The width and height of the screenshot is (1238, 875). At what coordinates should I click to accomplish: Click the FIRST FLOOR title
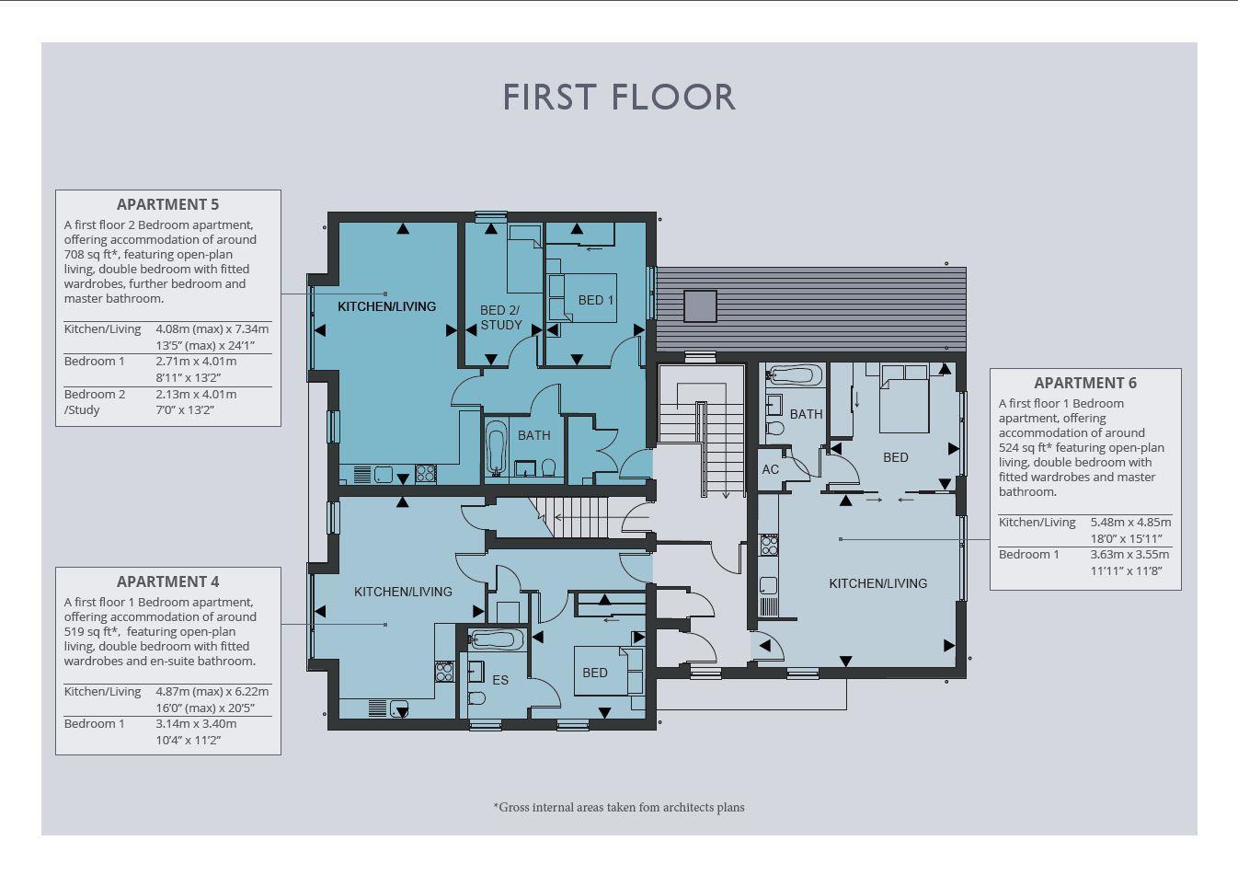click(x=618, y=98)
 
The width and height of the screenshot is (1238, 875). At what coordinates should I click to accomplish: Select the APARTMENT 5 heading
click(x=168, y=204)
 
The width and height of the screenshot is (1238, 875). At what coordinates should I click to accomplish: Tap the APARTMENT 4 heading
click(x=168, y=581)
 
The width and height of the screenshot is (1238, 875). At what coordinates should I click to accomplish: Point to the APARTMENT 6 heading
click(x=1085, y=383)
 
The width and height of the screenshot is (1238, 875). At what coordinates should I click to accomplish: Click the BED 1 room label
click(x=596, y=300)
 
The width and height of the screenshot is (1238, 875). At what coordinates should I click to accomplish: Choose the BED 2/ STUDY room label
click(x=500, y=317)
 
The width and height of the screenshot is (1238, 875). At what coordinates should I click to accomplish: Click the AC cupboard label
click(x=771, y=469)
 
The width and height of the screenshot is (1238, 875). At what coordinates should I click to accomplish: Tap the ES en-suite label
click(x=500, y=680)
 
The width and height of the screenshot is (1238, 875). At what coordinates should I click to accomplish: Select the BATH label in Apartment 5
click(x=533, y=435)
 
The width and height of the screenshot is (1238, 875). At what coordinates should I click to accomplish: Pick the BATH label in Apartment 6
click(x=807, y=414)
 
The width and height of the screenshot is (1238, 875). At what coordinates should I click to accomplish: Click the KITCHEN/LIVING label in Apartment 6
click(x=878, y=583)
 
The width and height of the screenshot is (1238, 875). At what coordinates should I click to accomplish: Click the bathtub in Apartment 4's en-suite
click(x=497, y=639)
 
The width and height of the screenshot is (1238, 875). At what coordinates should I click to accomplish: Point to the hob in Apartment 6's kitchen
click(x=769, y=545)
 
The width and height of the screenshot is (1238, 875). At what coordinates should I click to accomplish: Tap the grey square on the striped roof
click(x=700, y=305)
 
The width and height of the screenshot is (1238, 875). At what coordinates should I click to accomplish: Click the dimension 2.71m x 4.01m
click(x=196, y=362)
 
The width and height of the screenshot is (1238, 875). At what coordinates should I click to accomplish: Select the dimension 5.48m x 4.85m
click(x=1130, y=523)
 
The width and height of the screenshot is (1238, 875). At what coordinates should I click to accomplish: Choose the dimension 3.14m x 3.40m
click(x=196, y=723)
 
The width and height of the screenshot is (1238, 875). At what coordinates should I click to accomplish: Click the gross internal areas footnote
click(x=619, y=808)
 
